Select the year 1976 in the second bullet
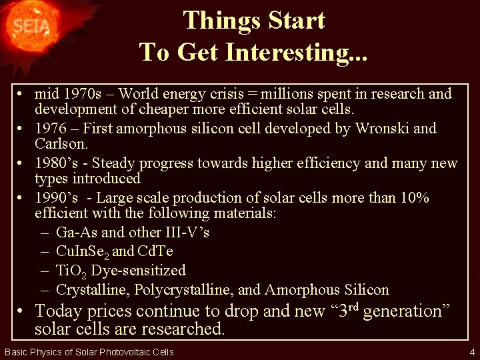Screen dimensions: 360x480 [51, 128]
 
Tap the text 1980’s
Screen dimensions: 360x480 [55, 163]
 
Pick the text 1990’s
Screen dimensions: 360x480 [56, 198]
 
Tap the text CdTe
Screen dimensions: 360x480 [155, 252]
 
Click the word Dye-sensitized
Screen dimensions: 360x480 [138, 271]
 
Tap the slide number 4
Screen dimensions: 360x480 [472, 352]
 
